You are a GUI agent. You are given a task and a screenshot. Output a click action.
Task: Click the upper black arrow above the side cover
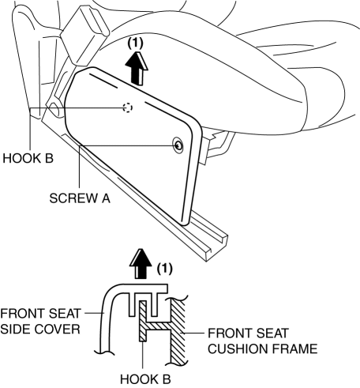click(x=137, y=68)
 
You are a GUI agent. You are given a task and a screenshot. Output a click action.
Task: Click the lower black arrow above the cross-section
click(x=141, y=263)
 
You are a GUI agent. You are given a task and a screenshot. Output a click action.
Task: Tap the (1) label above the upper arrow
click(x=136, y=43)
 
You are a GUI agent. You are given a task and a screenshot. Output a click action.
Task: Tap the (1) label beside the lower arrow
click(x=164, y=269)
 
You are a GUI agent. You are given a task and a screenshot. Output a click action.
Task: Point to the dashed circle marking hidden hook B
click(x=128, y=107)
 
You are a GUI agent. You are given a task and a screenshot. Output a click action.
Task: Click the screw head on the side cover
click(x=178, y=145)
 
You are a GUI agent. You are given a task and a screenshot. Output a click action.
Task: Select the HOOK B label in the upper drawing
click(x=28, y=159)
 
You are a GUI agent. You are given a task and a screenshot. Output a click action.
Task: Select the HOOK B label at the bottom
click(x=145, y=379)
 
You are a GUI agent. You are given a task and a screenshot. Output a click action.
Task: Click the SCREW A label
click(x=80, y=198)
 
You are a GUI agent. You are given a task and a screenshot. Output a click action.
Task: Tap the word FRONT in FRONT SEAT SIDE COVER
click(x=22, y=314)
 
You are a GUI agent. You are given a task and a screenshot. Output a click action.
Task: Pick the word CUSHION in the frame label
click(x=238, y=348)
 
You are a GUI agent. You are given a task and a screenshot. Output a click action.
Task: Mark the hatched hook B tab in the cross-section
click(x=143, y=321)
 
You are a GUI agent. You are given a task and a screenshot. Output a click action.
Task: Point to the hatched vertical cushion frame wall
click(x=178, y=331)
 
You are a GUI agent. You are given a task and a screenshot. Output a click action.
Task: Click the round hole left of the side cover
click(x=54, y=110)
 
